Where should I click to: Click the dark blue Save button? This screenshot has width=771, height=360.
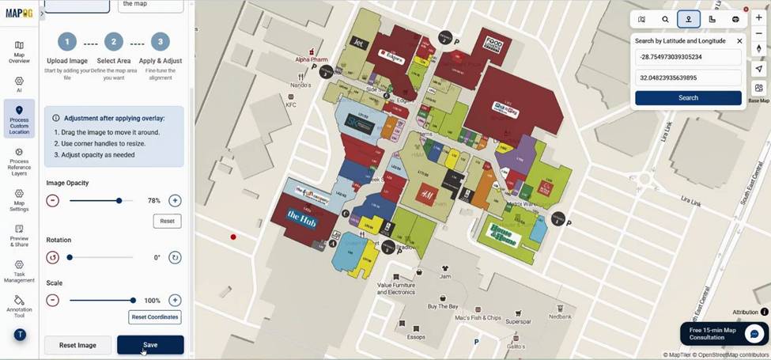coord(150,345)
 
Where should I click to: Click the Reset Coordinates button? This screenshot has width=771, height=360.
coord(155,317)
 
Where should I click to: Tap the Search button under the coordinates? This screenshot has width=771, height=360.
coord(688,98)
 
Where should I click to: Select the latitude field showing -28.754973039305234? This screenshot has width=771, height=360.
coord(688,57)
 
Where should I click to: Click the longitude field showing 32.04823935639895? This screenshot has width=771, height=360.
coord(688,78)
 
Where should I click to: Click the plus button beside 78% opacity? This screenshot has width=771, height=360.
coord(175,201)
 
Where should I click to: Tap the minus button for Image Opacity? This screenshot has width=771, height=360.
coord(53,201)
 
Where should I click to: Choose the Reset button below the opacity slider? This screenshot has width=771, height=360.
coord(167,221)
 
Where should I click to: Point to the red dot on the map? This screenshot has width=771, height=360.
coord(233,237)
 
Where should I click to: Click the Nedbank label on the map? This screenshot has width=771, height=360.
coord(560,316)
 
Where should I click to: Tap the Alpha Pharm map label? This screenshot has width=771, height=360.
coord(311,59)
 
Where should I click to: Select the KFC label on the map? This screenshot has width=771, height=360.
coord(291,104)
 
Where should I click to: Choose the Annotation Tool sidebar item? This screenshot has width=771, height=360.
coord(19,306)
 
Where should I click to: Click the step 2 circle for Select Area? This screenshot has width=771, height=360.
coord(113,42)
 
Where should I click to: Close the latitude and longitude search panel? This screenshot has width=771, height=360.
coord(739,40)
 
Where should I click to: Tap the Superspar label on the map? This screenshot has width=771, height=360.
coord(518,321)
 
